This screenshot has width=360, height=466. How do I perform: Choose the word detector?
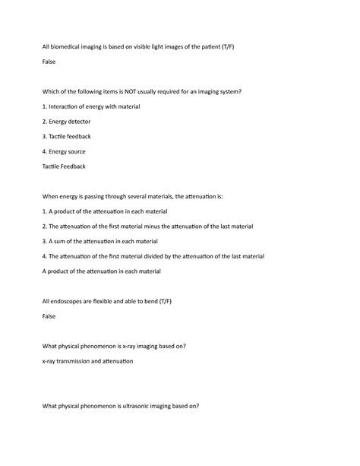click(x=88, y=122)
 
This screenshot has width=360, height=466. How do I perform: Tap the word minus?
click(x=173, y=226)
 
